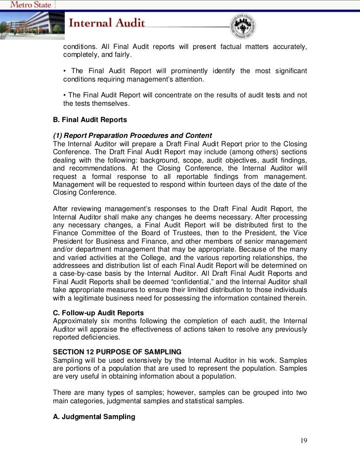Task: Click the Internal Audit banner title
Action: tap(106, 23)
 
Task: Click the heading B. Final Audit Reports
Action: tap(90, 120)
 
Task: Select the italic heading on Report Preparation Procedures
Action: tap(132, 136)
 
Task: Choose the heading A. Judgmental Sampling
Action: tap(94, 417)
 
